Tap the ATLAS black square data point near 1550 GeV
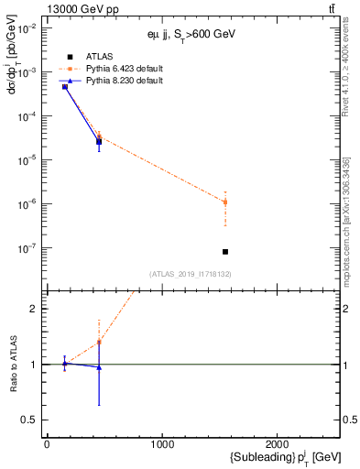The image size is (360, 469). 225,251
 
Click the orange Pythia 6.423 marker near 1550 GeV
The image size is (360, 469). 225,202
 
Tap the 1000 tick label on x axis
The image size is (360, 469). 162,446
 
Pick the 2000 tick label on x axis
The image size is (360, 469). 278,446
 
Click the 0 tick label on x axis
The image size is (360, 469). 47,446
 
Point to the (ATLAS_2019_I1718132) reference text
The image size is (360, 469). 190,273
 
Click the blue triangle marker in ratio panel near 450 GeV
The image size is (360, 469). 99,367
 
